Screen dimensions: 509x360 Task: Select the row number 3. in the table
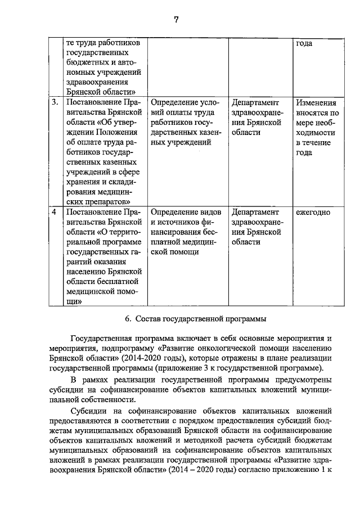55,103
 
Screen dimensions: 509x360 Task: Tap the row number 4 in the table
54,213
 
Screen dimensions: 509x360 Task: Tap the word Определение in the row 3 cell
174,103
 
